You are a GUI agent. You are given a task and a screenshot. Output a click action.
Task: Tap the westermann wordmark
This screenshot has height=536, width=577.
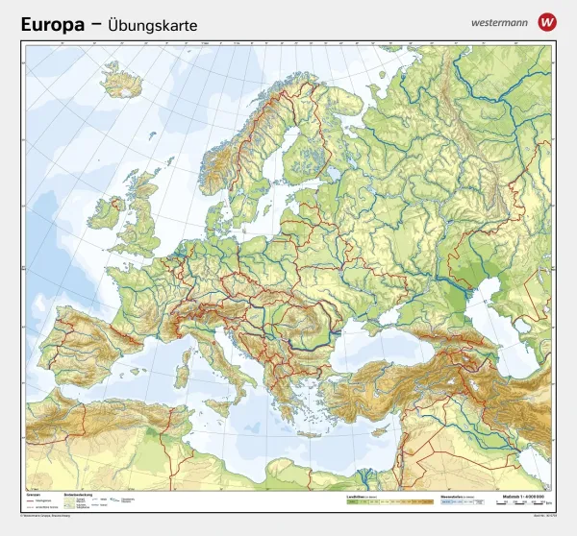(498, 20)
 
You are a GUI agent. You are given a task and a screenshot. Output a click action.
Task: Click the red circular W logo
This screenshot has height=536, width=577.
(547, 20)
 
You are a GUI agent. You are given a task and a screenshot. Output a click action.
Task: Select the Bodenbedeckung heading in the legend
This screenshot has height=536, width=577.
(77, 494)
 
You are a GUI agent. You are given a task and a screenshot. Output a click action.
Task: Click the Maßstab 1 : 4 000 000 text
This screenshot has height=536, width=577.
(525, 494)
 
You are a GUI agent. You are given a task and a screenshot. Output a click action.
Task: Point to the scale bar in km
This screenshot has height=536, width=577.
(523, 501)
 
